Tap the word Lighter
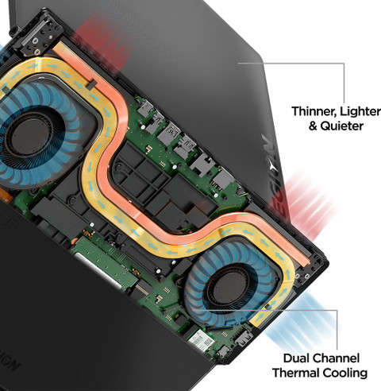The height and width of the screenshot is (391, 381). (x=360, y=111)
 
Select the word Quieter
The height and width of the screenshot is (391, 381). (x=341, y=126)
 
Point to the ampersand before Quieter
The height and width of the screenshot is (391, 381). (x=313, y=126)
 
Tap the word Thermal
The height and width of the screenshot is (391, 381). (x=296, y=373)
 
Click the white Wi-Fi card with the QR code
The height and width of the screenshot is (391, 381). (x=202, y=341)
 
